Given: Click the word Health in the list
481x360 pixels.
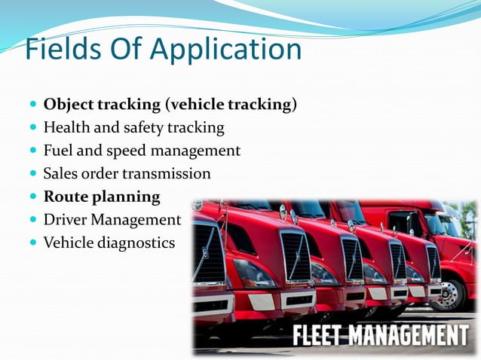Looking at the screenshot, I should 66,127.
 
